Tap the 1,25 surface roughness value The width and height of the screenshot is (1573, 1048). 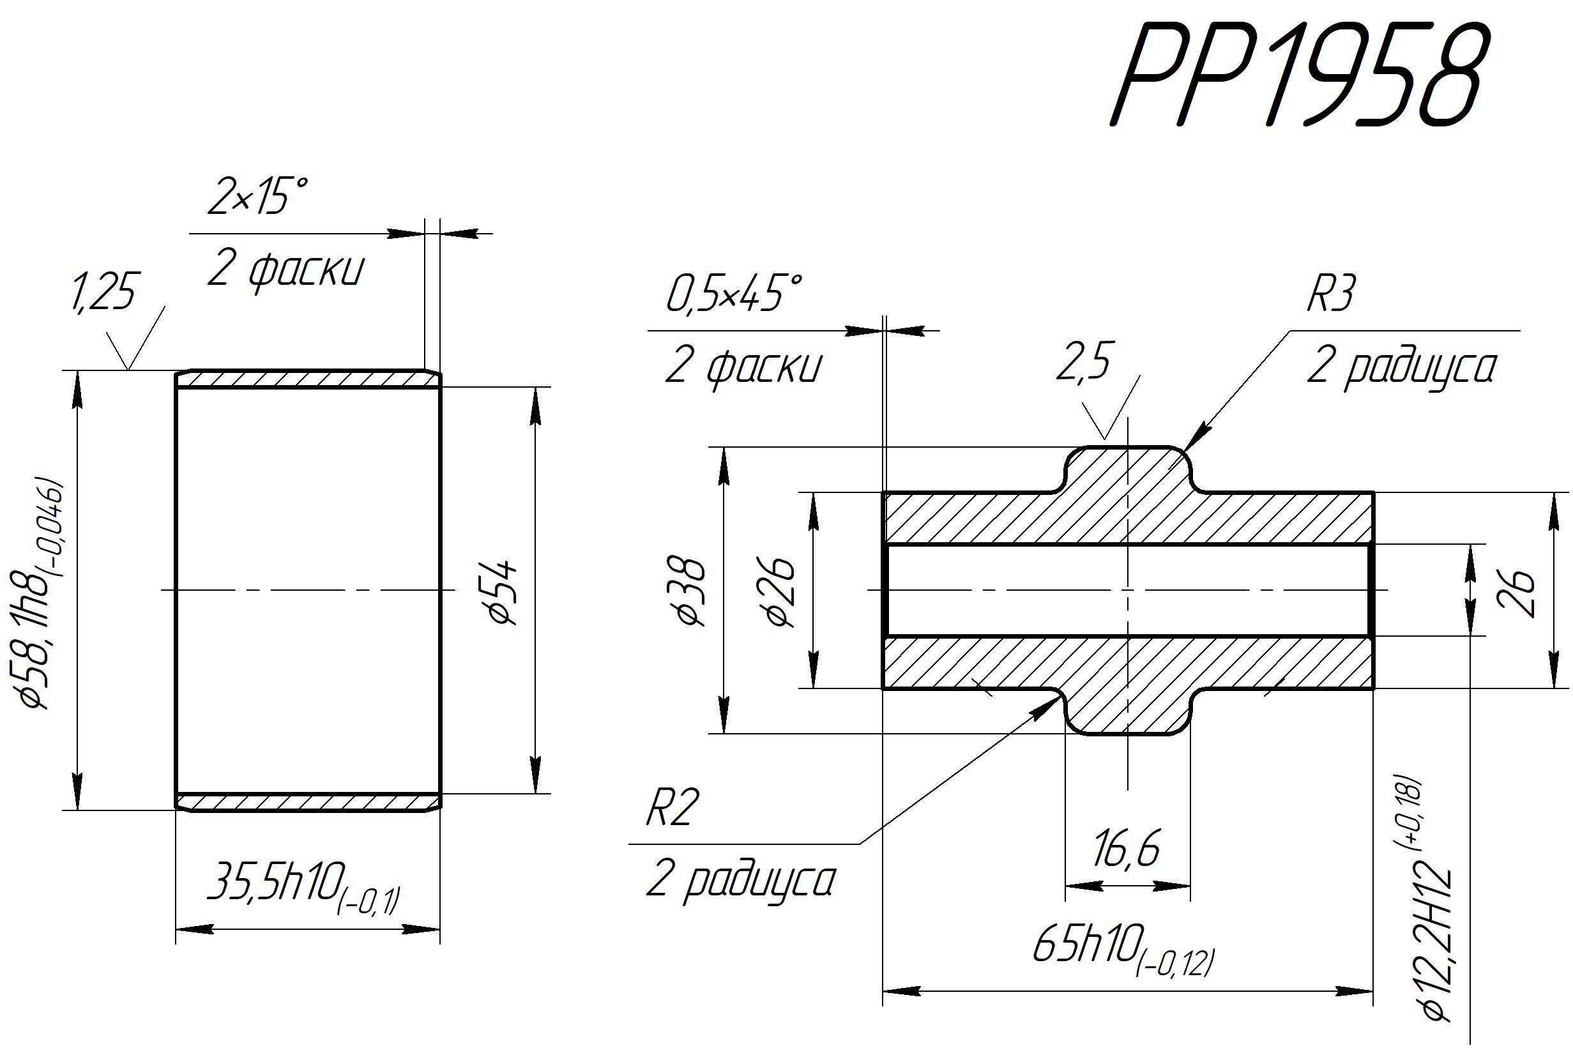pyautogui.click(x=103, y=291)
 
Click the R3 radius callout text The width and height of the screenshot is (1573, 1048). pyautogui.click(x=1330, y=293)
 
